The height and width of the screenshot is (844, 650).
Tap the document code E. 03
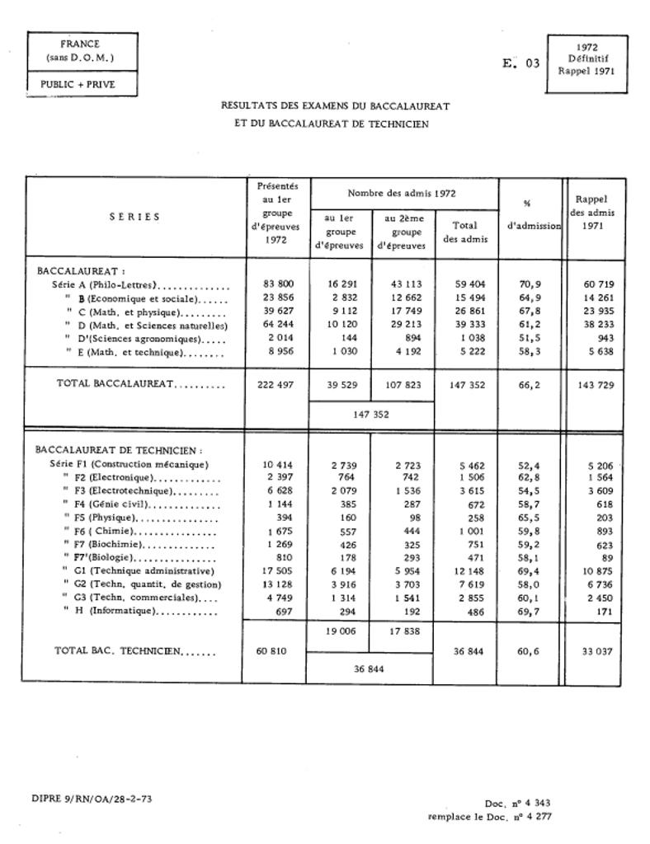[521, 63]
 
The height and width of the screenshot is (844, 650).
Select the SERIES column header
[134, 217]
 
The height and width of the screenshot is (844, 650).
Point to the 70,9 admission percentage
[530, 284]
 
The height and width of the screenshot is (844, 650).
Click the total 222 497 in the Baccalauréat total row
[278, 384]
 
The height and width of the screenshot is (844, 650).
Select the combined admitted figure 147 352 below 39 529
[371, 415]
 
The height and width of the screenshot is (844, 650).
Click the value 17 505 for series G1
[278, 570]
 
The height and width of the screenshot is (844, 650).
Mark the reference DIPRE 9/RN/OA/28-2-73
[91, 798]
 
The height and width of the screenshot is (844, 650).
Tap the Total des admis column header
[465, 232]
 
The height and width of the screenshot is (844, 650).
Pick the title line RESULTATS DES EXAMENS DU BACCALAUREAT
[335, 106]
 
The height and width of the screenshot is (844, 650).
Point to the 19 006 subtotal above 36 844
[337, 631]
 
